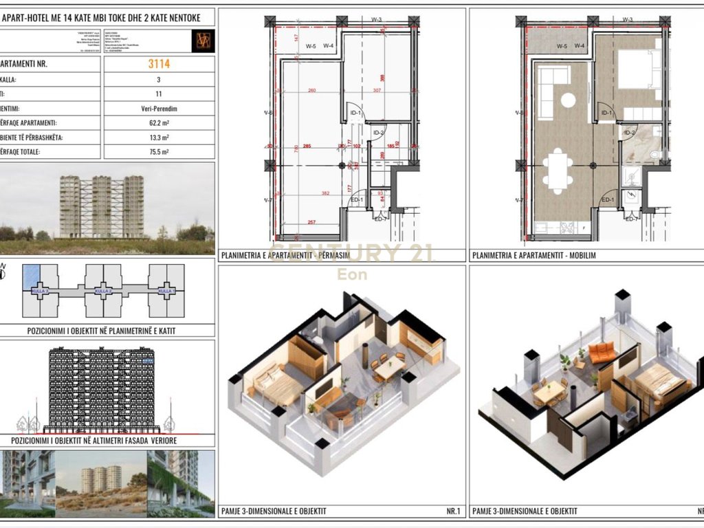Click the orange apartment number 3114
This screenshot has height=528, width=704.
158,65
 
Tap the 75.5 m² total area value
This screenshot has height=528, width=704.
158,152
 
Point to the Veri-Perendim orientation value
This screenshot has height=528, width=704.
158,108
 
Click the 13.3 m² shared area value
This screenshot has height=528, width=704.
158,137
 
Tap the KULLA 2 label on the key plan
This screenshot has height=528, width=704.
102,291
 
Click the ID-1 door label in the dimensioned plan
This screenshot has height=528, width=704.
355,113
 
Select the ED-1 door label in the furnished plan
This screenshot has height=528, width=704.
606,201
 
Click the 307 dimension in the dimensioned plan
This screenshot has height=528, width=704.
377,91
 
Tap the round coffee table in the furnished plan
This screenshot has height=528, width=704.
568,100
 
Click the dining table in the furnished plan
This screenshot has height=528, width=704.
558,170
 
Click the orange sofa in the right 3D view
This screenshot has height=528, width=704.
603,353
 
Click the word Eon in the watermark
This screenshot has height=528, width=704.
351,275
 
